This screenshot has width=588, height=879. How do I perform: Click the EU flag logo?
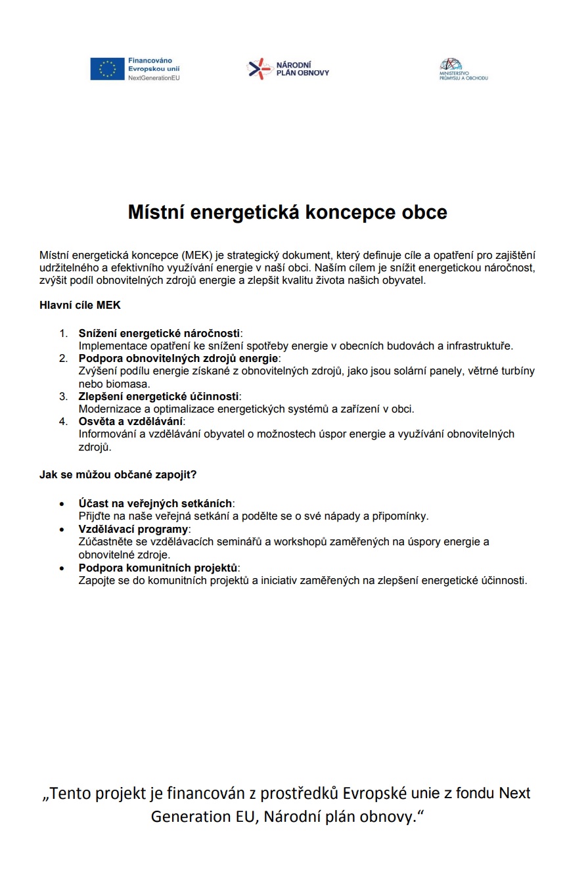(107, 69)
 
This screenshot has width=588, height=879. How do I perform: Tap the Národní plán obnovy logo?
(288, 69)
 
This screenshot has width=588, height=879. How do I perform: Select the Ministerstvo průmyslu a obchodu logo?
(463, 70)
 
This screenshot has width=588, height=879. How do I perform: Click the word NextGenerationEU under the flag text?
(154, 78)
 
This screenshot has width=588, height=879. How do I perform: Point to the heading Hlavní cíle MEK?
(80, 305)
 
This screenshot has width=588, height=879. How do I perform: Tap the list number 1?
(64, 333)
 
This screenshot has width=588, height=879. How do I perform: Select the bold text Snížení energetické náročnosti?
(159, 333)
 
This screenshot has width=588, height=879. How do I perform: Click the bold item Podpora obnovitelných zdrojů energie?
(179, 358)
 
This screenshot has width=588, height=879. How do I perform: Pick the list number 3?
(64, 396)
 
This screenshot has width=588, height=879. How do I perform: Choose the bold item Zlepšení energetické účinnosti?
(160, 396)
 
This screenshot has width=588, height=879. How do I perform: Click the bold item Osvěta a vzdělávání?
(131, 421)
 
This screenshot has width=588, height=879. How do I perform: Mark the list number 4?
(64, 421)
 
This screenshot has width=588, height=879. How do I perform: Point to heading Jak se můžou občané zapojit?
(118, 474)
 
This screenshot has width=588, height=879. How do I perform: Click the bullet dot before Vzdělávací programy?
(62, 530)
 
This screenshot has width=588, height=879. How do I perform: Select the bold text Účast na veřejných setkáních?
(155, 504)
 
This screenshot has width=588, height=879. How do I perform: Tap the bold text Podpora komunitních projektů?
(158, 568)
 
